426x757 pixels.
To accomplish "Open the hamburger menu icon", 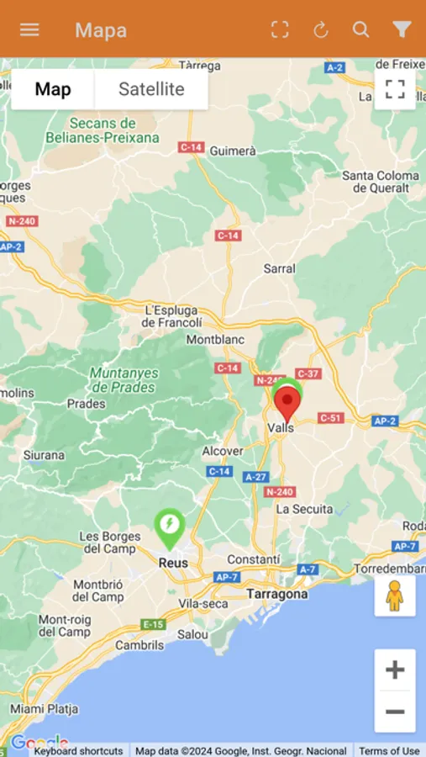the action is (x=29, y=29).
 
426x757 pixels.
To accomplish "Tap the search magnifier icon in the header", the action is (x=360, y=29).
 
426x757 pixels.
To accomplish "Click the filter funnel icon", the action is (x=402, y=29).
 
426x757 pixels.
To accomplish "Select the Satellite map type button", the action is (x=151, y=89).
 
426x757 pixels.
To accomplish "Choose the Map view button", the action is (x=53, y=89).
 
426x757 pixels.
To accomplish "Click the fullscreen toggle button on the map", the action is (x=395, y=89).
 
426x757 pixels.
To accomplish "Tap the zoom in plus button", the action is (x=395, y=670).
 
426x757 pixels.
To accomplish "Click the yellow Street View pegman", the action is (x=395, y=596).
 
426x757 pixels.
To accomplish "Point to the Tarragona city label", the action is (x=277, y=594).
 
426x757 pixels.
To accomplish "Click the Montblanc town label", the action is (x=215, y=340).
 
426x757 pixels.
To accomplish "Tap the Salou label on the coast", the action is (x=193, y=634).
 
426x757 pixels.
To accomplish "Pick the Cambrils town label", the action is (x=140, y=645).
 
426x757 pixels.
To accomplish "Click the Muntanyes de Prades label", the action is (x=123, y=380).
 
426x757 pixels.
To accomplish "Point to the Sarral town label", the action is (x=280, y=268).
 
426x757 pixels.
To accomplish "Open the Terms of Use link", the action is (x=389, y=751).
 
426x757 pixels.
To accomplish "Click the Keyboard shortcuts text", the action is (x=79, y=751).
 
